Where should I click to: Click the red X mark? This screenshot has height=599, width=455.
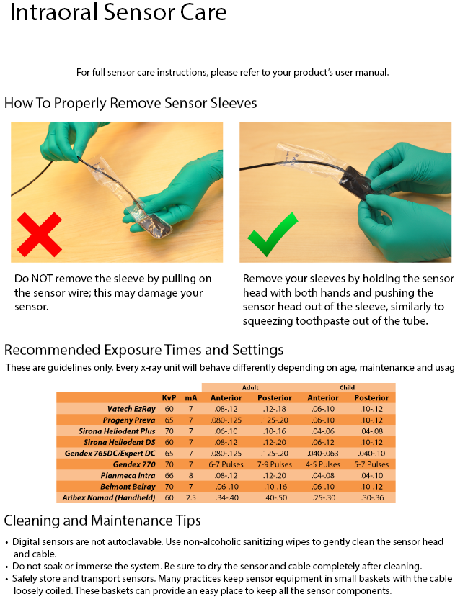40,235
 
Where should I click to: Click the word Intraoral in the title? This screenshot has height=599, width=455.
54,12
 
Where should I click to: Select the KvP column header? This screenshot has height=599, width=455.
169,397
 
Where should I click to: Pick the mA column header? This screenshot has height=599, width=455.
191,397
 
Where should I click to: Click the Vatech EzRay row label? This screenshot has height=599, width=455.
131,409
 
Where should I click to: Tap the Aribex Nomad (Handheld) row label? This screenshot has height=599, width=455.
109,497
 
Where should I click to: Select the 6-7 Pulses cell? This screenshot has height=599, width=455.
226,464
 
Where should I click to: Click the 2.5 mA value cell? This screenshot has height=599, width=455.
190,497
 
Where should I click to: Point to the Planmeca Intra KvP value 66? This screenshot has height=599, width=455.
169,476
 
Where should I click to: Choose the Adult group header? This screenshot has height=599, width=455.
250,387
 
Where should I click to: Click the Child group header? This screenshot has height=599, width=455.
347,387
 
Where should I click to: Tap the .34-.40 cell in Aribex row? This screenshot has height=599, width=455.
226,497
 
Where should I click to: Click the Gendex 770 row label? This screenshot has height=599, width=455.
134,464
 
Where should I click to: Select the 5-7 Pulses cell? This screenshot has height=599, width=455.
371,464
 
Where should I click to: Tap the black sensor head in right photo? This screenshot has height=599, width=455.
356,181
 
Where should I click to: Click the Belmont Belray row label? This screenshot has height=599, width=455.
128,487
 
